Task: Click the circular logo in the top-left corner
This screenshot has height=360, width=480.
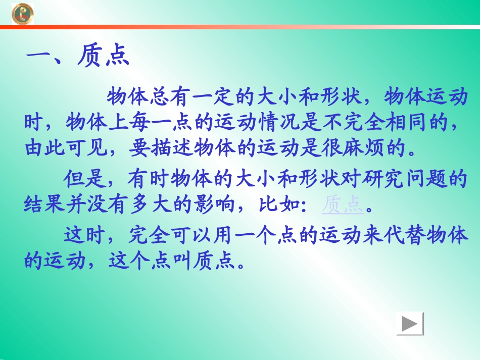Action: (x=23, y=13)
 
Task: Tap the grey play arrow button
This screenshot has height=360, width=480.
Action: (x=410, y=324)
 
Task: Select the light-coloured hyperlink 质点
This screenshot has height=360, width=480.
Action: (x=343, y=204)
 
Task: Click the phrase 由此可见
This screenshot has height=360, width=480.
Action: (x=66, y=149)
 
